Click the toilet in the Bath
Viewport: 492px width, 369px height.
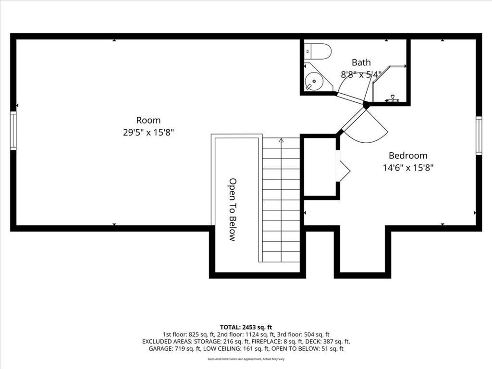coord(317,51)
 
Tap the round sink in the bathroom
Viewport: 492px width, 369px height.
coord(314,81)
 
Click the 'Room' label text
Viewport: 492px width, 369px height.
coord(148,120)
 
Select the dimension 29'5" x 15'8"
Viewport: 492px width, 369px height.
coord(148,133)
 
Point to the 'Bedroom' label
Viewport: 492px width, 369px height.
coord(408,155)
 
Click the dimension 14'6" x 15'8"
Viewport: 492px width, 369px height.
coord(408,168)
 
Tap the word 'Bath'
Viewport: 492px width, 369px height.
coord(361,62)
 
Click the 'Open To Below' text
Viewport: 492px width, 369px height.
coord(233,209)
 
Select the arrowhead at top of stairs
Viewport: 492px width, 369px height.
coord(281,140)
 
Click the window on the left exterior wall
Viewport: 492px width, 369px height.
coord(13,131)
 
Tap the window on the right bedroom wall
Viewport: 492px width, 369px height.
coord(479,135)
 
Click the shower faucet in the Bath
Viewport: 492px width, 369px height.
coord(392,99)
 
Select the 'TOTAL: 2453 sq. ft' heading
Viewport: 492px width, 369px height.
coord(246,327)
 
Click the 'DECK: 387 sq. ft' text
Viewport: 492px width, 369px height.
coord(328,342)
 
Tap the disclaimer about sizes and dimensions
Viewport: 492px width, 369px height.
coord(246,359)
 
